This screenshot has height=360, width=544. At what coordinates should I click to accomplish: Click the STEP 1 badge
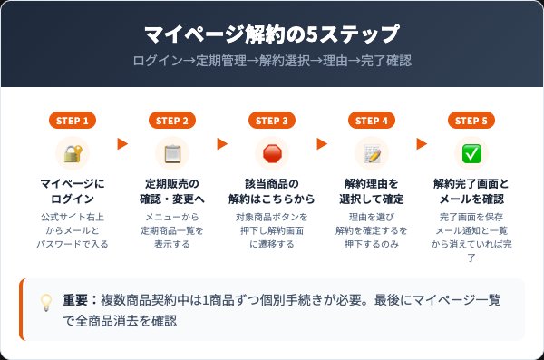click(73, 120)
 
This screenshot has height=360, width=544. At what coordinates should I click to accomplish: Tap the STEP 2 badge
click(172, 120)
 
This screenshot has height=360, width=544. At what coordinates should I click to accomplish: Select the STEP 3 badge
click(272, 120)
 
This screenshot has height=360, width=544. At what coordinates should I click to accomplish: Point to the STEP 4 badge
click(372, 120)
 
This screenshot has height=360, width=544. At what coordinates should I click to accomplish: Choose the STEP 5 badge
click(471, 120)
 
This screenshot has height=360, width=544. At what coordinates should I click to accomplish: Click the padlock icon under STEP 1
click(73, 153)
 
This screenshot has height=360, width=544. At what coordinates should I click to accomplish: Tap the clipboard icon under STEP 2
click(172, 153)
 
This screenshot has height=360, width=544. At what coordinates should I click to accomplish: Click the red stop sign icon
click(272, 153)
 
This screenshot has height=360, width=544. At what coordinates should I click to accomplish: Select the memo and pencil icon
click(372, 153)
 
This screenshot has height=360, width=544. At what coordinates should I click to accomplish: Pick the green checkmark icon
click(471, 153)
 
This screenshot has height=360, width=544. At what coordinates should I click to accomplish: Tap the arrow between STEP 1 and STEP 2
click(122, 143)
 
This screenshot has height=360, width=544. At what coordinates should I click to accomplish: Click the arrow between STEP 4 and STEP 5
click(422, 143)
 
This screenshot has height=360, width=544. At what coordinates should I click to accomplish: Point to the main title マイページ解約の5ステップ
click(272, 35)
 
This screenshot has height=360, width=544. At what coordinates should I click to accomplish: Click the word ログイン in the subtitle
click(155, 62)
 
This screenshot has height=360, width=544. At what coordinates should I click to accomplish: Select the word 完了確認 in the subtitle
click(385, 62)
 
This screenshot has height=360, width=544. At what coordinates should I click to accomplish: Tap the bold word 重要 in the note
click(75, 300)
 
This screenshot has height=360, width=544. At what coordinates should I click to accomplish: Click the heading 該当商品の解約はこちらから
click(272, 190)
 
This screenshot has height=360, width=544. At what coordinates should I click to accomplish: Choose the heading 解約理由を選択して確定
click(372, 190)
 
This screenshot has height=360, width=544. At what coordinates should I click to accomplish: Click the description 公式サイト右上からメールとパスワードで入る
click(73, 230)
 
